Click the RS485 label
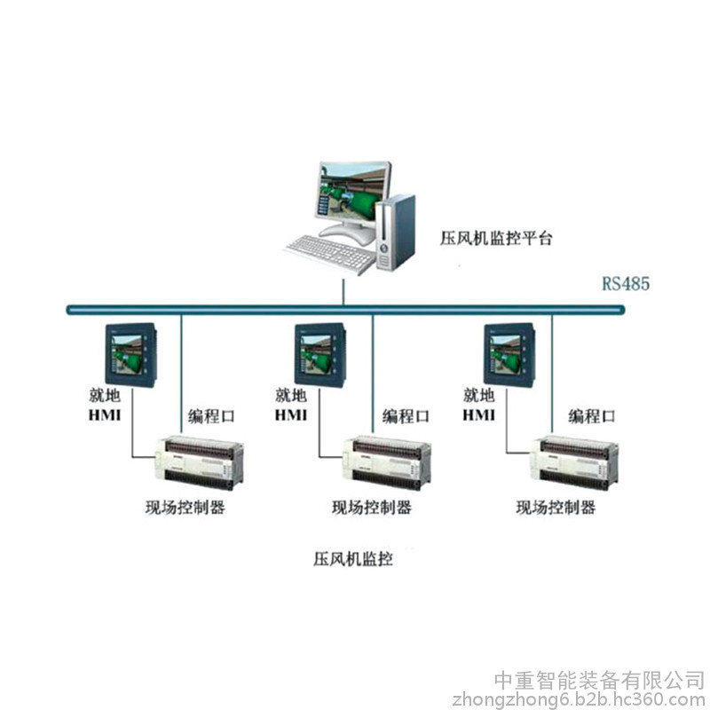[x=626, y=283]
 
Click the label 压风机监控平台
[x=496, y=238]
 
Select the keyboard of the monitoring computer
[x=329, y=254]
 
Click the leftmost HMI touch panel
[x=131, y=355]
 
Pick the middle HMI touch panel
[x=320, y=355]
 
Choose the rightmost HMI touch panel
[x=509, y=355]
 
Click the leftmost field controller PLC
[x=199, y=462]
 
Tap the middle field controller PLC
[x=386, y=462]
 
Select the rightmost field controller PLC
[x=574, y=462]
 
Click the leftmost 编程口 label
[x=211, y=416]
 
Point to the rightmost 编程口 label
[x=592, y=416]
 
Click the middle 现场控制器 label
[x=372, y=507]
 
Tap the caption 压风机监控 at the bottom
[x=352, y=559]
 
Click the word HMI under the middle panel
[x=291, y=415]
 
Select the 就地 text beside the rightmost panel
[x=478, y=395]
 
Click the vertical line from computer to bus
[x=343, y=292]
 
